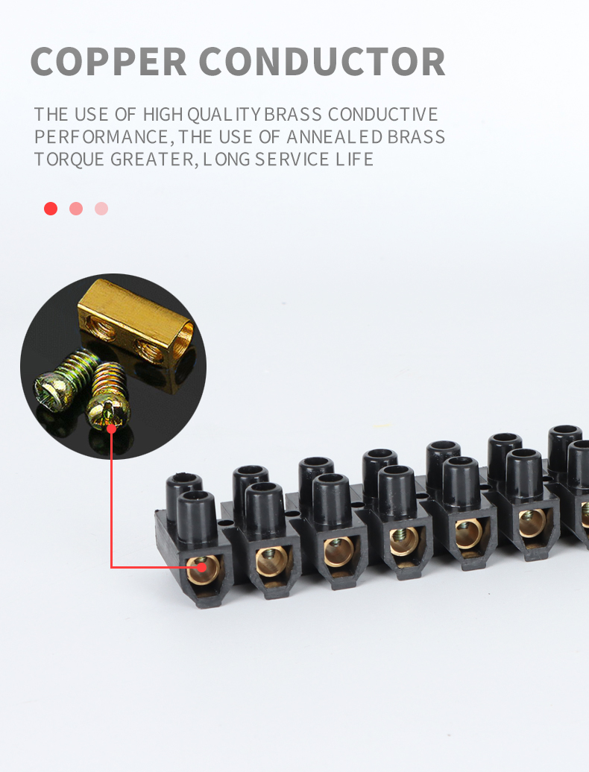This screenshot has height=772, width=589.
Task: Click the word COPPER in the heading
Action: click(x=109, y=62)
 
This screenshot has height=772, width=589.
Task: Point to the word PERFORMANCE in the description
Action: click(x=101, y=137)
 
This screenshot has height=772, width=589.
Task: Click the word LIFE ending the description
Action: click(x=353, y=159)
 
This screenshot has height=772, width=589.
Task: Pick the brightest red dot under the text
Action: click(x=51, y=209)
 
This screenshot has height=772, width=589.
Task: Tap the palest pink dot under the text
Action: click(x=101, y=209)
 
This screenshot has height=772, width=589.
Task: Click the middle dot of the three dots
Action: click(x=76, y=209)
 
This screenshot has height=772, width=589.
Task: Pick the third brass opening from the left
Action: click(x=338, y=551)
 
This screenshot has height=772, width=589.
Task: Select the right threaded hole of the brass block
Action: click(x=147, y=346)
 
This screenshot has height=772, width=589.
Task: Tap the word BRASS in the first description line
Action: click(x=293, y=115)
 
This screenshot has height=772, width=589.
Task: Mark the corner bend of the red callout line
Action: click(x=112, y=568)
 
